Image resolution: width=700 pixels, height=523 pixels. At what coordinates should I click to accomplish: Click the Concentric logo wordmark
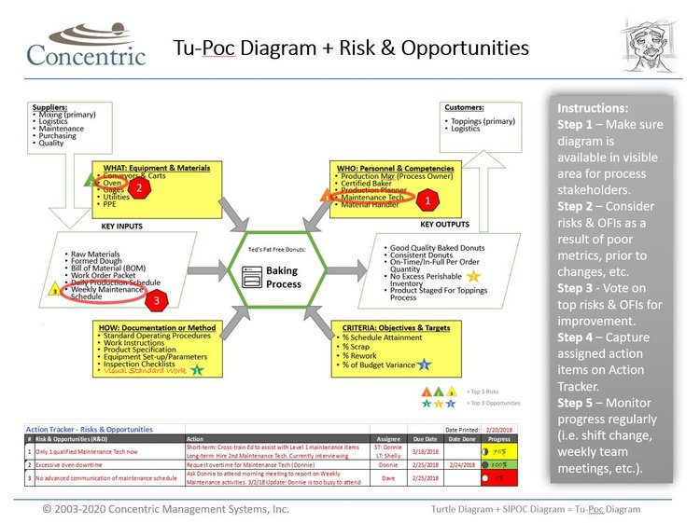(x=86, y=55)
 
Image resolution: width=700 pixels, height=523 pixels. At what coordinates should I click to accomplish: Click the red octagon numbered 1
(x=428, y=199)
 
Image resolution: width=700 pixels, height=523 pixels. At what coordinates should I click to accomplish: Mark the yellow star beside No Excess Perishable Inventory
(x=473, y=276)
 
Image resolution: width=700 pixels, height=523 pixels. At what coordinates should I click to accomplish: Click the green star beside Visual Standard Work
(x=197, y=369)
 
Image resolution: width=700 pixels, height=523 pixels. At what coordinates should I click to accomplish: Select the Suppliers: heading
(x=51, y=107)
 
